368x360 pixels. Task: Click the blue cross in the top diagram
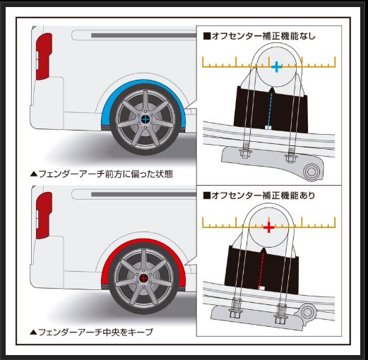click(x=276, y=66)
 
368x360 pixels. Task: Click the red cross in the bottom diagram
click(x=268, y=227)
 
